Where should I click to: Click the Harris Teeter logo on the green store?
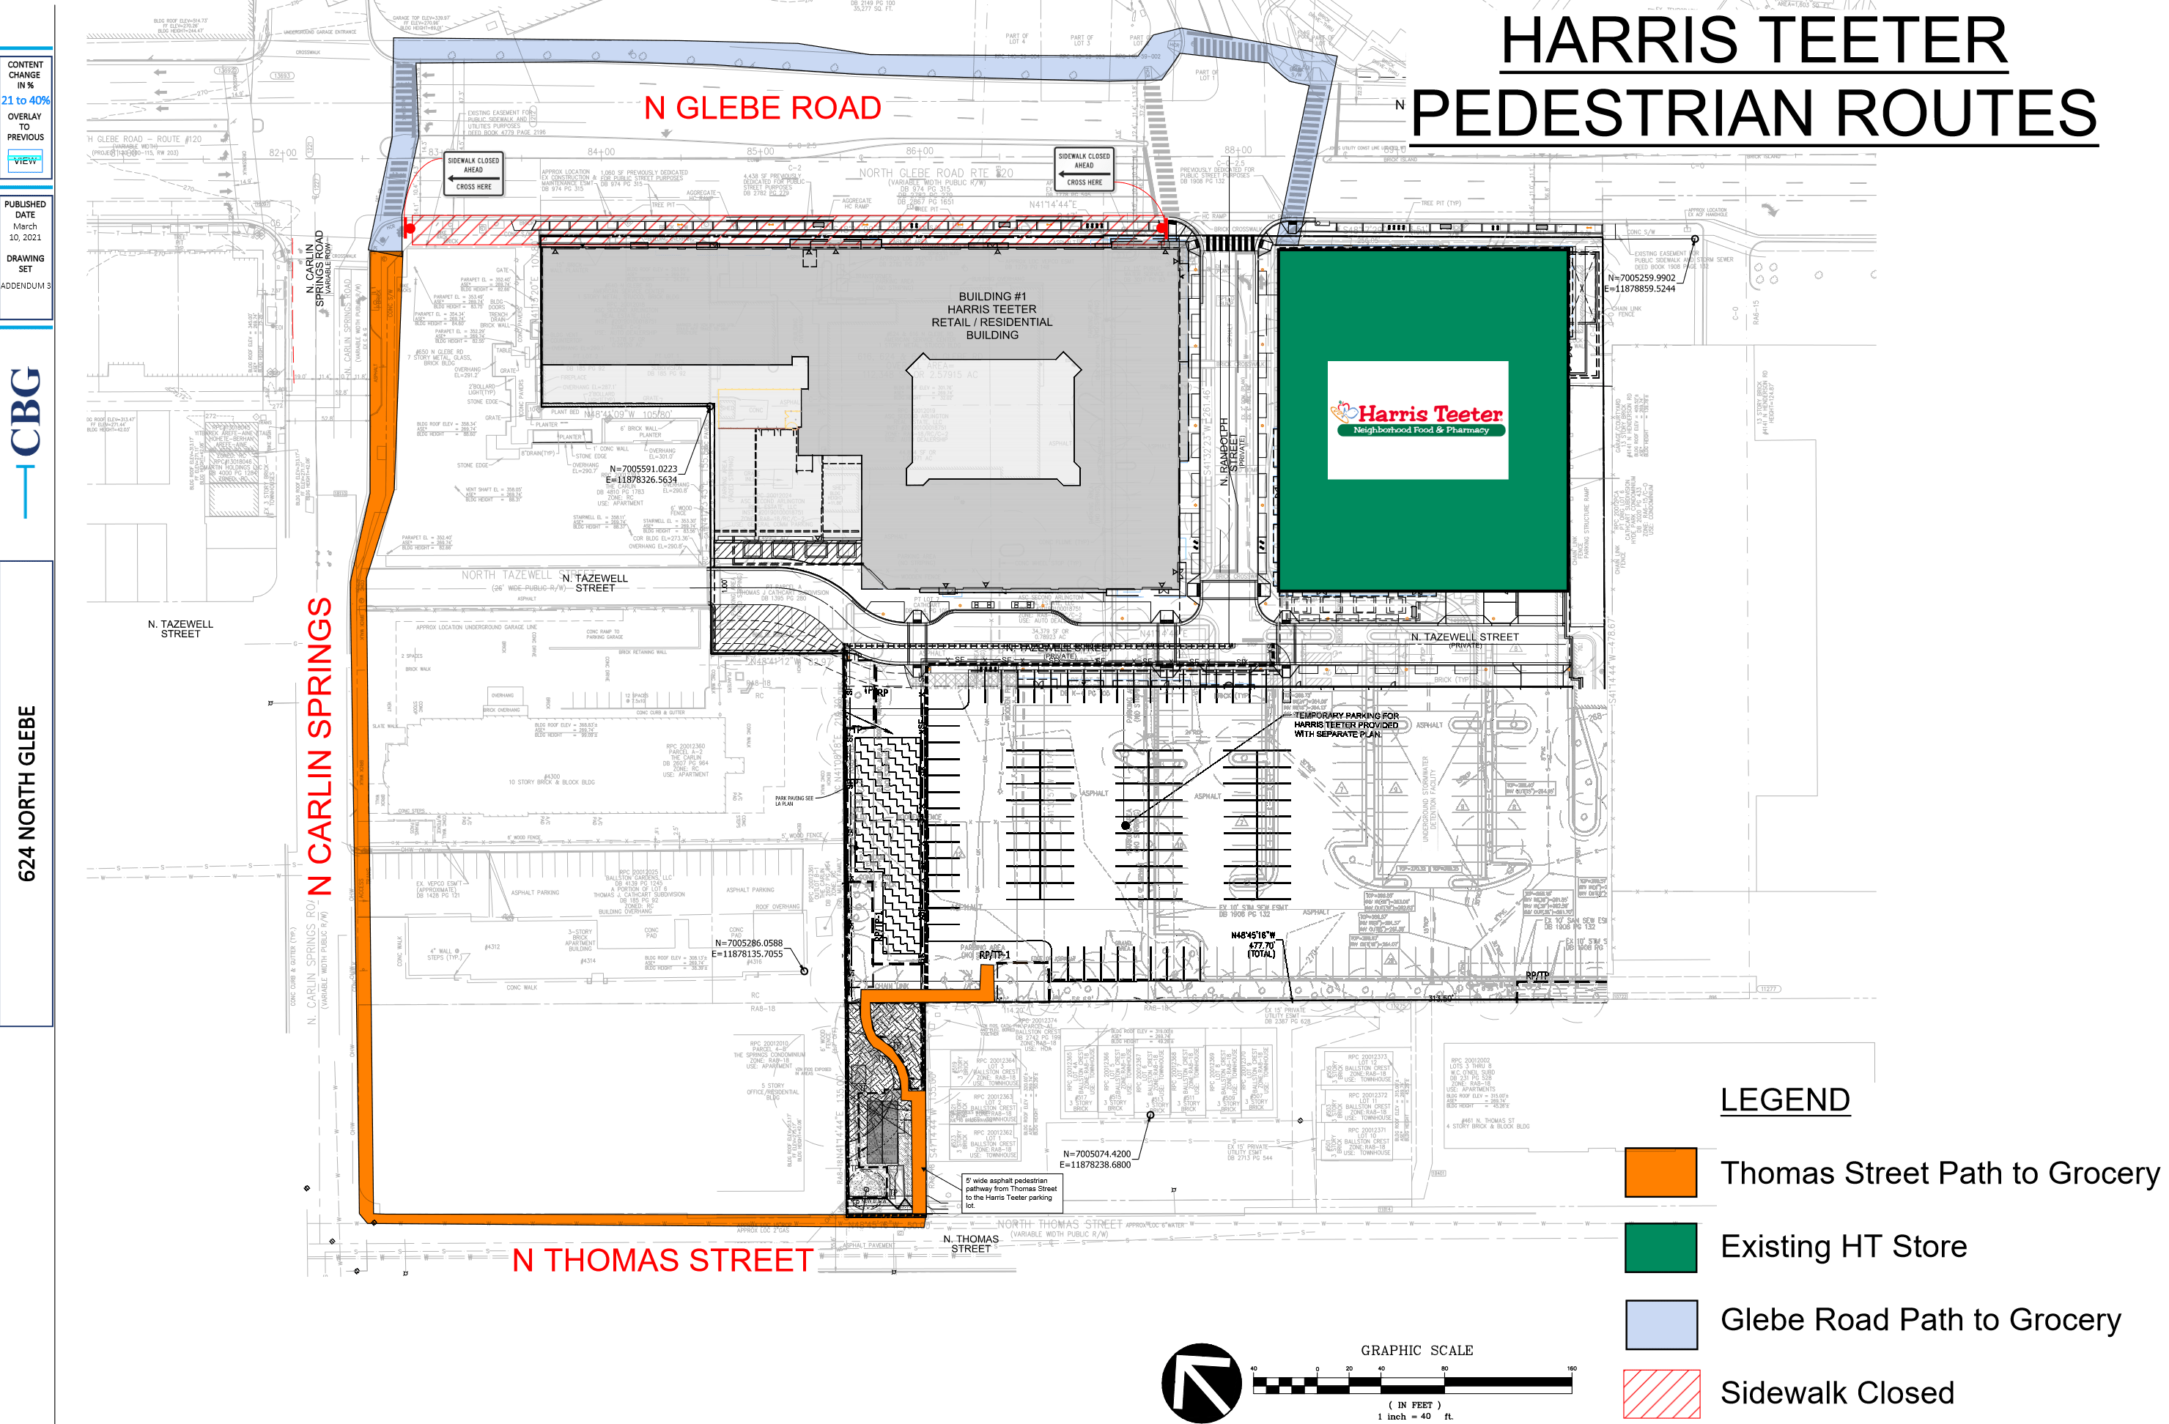click(1417, 420)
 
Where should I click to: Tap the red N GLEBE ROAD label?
click(762, 108)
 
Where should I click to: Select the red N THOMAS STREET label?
click(662, 1260)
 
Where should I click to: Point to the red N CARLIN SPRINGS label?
click(320, 746)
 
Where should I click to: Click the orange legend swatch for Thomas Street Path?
click(1660, 1173)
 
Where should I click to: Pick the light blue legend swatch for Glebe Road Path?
click(1660, 1323)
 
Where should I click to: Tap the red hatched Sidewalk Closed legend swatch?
click(1660, 1394)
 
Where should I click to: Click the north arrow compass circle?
click(1200, 1382)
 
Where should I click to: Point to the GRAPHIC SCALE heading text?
click(1416, 1350)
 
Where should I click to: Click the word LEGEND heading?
click(1784, 1099)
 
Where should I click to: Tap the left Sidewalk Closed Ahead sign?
click(473, 173)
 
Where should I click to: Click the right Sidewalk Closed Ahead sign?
click(1084, 168)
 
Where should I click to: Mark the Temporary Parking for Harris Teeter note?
click(1345, 724)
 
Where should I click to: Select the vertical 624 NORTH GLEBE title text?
click(27, 793)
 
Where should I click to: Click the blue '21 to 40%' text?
click(26, 100)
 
